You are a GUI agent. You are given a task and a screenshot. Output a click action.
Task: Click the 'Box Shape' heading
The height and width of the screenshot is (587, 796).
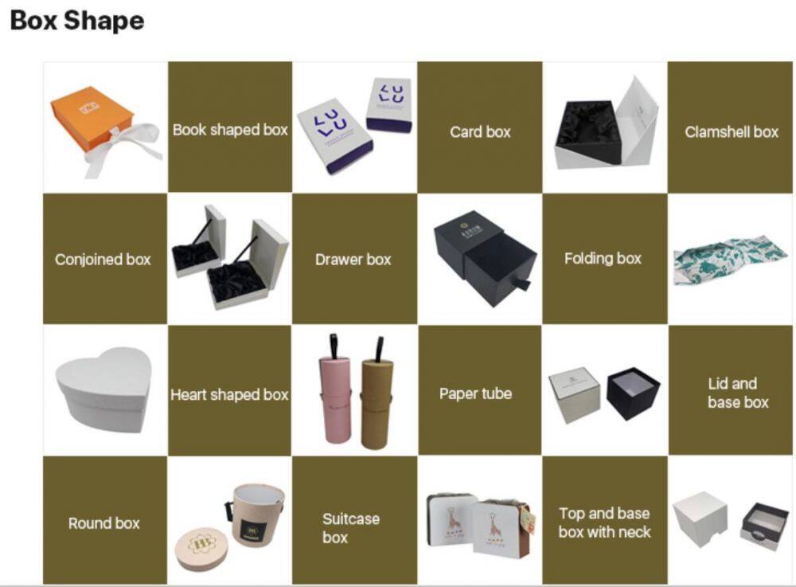(77, 22)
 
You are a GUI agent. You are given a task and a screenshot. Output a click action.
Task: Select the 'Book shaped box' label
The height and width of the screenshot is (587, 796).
(230, 130)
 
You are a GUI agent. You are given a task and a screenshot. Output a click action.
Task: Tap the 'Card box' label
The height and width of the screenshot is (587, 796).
(480, 132)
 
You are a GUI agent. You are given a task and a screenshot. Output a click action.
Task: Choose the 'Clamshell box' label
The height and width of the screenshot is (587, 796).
(732, 132)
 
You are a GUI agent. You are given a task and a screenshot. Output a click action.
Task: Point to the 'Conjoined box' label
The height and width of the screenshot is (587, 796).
(103, 260)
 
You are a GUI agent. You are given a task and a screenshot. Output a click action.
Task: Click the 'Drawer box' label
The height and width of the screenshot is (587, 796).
(353, 260)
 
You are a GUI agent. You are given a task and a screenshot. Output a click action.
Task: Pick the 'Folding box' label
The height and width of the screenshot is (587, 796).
(603, 259)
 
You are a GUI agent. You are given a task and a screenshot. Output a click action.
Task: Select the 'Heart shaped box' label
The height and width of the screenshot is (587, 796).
(229, 394)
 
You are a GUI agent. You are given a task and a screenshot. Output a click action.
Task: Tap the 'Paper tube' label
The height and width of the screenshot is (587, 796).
(476, 393)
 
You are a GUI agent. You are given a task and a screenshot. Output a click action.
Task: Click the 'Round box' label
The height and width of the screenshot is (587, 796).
(104, 523)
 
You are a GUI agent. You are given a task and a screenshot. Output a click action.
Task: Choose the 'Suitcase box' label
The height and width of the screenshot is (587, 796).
(351, 528)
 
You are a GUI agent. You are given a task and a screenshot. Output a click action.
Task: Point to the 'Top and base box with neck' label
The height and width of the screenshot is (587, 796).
(605, 522)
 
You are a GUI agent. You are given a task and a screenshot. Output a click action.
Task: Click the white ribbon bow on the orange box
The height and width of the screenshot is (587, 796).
(124, 147)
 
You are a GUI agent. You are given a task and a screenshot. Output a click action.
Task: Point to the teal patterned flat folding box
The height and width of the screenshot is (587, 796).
(731, 259)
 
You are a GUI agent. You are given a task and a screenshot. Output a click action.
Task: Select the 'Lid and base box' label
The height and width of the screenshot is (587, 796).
(738, 393)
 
